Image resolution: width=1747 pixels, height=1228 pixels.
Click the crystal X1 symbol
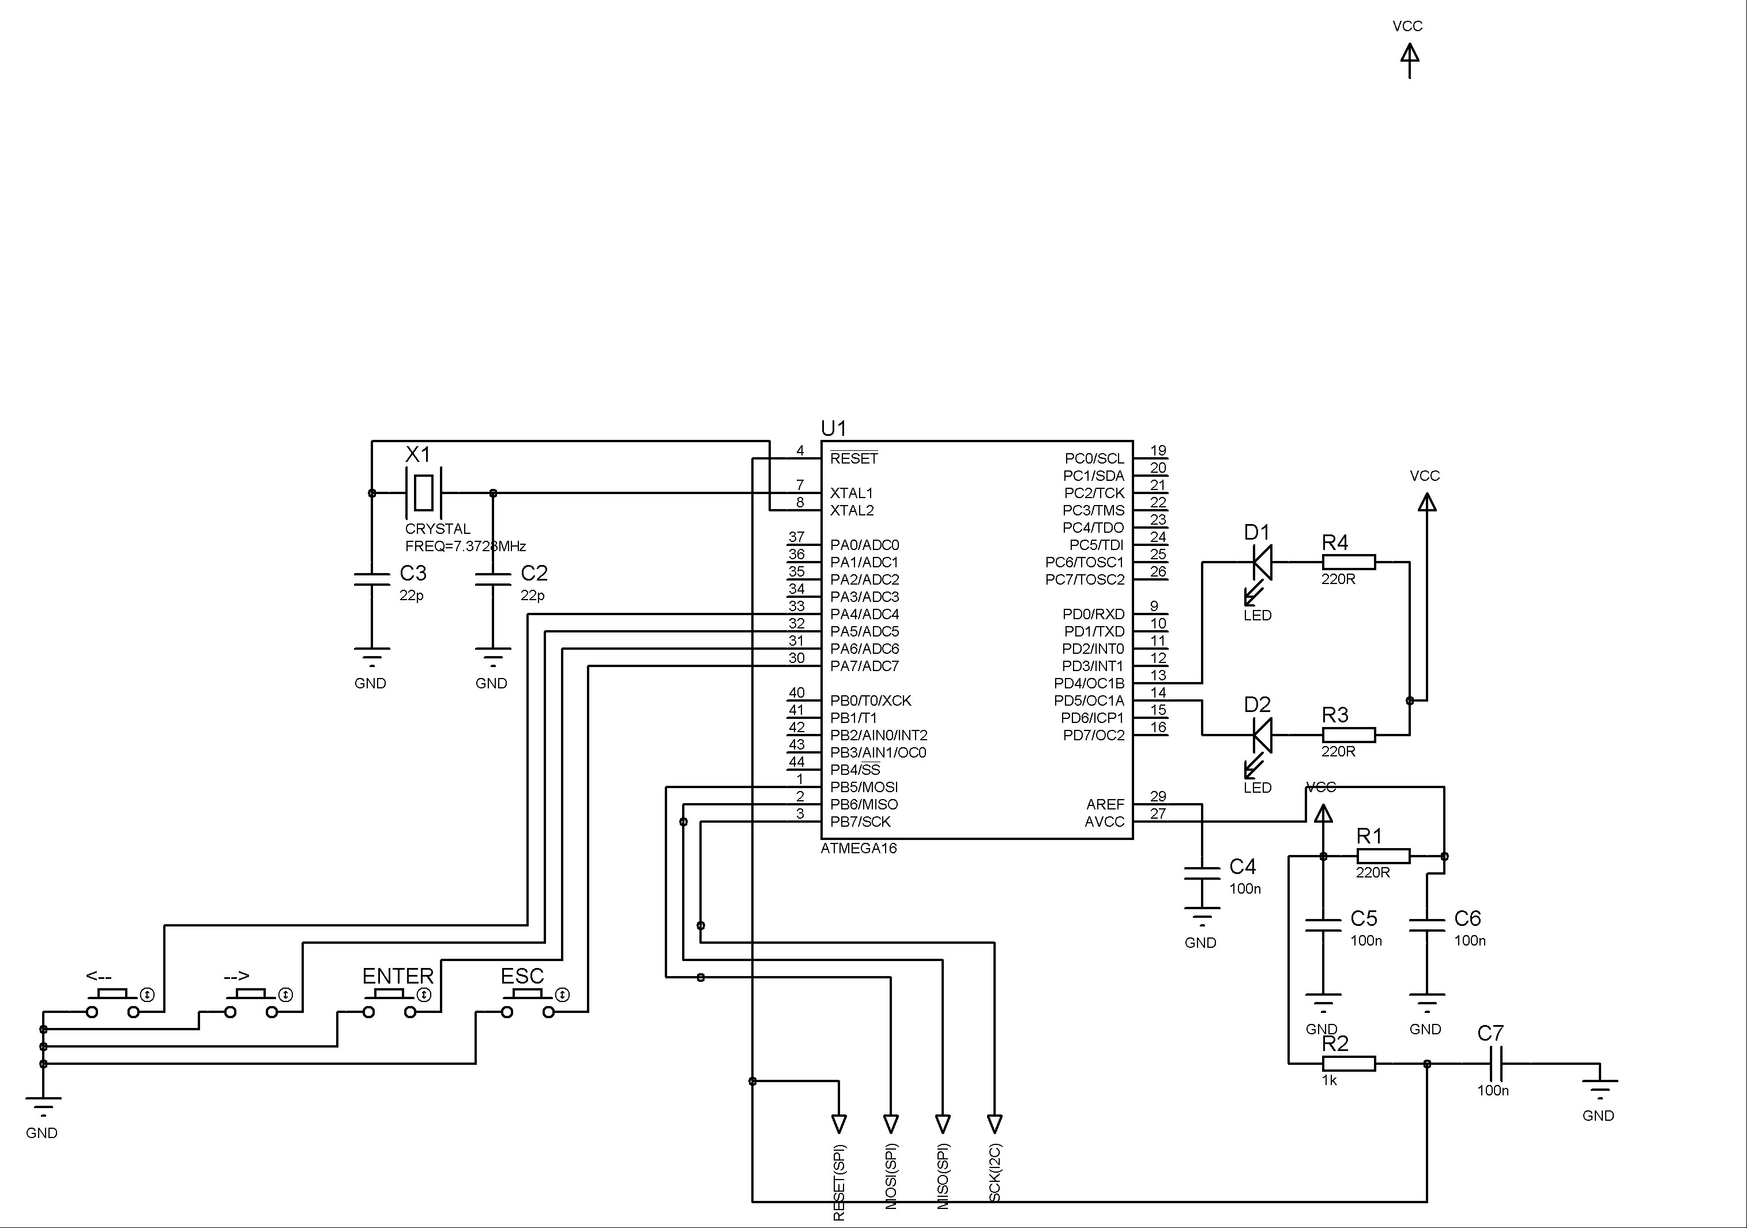pyautogui.click(x=424, y=493)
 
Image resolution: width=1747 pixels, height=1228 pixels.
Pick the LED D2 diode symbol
pyautogui.click(x=1262, y=735)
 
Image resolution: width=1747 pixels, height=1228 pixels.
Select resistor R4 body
pyautogui.click(x=1348, y=562)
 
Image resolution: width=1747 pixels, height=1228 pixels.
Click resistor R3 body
pyautogui.click(x=1348, y=735)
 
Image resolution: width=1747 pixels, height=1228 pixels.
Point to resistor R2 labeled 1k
pyautogui.click(x=1348, y=1064)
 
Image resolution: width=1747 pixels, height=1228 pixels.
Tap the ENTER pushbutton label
pyautogui.click(x=397, y=976)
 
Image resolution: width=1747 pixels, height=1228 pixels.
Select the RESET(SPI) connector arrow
pyautogui.click(x=839, y=1123)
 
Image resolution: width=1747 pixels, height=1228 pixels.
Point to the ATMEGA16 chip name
pyautogui.click(x=859, y=848)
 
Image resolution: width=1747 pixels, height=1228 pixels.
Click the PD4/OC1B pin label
pyautogui.click(x=1089, y=683)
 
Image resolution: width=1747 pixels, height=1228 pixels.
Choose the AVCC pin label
pyautogui.click(x=1104, y=822)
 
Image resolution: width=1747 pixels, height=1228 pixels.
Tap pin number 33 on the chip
pyautogui.click(x=797, y=605)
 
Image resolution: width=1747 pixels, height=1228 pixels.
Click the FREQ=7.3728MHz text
pyautogui.click(x=465, y=547)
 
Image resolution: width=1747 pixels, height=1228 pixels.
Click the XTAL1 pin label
pyautogui.click(x=852, y=493)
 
